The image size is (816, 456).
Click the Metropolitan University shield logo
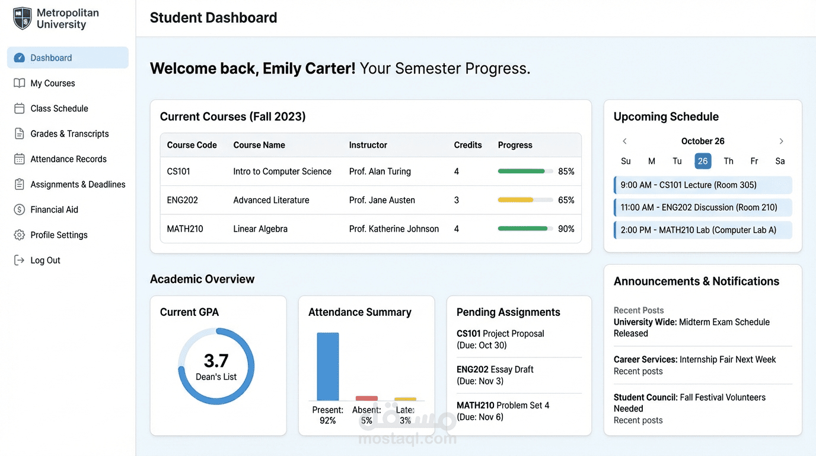[23, 18]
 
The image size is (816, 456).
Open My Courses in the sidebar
[52, 83]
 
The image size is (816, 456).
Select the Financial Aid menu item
[54, 210]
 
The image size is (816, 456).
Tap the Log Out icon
[20, 260]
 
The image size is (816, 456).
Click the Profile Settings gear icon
[20, 235]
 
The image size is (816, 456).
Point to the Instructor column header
[368, 145]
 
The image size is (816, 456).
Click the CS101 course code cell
[179, 172]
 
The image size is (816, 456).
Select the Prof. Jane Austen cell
[382, 200]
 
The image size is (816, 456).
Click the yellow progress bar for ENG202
[515, 200]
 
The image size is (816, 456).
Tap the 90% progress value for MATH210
[566, 229]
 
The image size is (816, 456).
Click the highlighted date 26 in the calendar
[703, 161]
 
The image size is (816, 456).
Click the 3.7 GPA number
[216, 360]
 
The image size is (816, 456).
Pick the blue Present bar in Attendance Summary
[328, 366]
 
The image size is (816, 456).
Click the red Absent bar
[366, 398]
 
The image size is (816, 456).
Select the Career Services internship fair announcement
[694, 360]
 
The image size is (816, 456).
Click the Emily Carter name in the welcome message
[309, 68]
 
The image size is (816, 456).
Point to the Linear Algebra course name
[260, 229]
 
